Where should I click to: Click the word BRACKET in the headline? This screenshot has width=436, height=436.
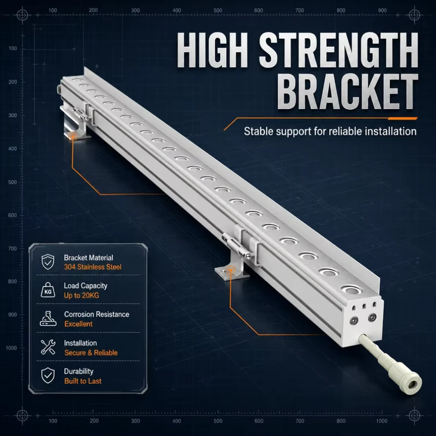point(348,92)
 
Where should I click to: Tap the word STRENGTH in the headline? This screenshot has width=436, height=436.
point(339,50)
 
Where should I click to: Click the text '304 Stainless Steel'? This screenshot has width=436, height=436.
point(93,267)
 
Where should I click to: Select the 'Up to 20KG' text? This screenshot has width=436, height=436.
point(81,295)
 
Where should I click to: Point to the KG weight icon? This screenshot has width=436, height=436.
point(48,290)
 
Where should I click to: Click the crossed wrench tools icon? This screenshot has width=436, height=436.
point(48,347)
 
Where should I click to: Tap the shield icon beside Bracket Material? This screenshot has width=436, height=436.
point(48,262)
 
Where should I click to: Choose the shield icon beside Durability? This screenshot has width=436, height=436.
point(48,376)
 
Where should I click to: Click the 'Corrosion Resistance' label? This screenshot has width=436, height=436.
point(96,314)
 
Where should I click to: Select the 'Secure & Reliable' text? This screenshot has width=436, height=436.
point(91,353)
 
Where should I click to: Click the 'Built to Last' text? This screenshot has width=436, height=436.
point(83,381)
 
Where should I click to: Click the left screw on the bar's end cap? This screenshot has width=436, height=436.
point(354,320)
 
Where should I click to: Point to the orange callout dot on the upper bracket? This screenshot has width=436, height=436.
point(73,137)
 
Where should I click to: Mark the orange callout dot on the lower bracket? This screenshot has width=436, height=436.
point(230,270)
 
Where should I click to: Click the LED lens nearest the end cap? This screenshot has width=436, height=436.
point(351,290)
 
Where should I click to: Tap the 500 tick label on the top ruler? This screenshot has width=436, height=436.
point(218,10)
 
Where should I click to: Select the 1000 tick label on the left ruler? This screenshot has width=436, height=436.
point(11,348)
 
